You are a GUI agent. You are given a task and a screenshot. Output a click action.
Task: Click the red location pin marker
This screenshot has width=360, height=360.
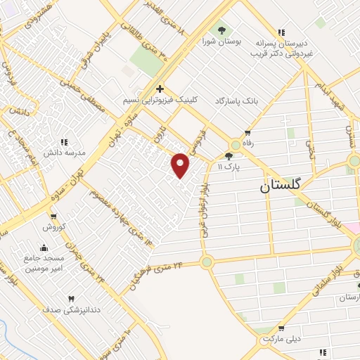[181, 165]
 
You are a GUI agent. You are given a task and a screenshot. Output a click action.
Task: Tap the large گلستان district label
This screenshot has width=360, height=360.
[290, 186]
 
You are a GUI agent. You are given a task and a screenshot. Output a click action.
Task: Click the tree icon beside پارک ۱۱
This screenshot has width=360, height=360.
[229, 156]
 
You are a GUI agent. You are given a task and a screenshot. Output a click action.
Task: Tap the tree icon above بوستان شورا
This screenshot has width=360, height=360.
[221, 30]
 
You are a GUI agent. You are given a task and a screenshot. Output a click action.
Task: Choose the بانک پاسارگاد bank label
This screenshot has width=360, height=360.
[237, 101]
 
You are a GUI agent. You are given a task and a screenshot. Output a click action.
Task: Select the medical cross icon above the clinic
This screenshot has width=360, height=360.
[160, 89]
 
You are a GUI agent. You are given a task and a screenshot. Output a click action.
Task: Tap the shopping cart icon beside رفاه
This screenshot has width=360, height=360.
[247, 133]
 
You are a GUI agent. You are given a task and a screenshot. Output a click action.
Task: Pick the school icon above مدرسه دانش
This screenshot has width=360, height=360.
[64, 141]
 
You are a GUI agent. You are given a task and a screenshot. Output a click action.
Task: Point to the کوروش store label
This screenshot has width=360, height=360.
[53, 226]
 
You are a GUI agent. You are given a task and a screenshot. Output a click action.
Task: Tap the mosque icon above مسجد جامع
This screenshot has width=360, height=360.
[45, 247]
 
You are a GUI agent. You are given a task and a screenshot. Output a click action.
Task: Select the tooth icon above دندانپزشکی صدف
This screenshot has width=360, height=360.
[70, 299]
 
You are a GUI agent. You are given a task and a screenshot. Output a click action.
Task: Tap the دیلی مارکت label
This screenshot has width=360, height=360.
[281, 339]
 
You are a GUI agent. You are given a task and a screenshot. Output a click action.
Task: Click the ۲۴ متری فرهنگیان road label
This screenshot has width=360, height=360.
[160, 274]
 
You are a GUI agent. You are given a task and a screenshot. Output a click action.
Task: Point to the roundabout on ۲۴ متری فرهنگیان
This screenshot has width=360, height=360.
[206, 262]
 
